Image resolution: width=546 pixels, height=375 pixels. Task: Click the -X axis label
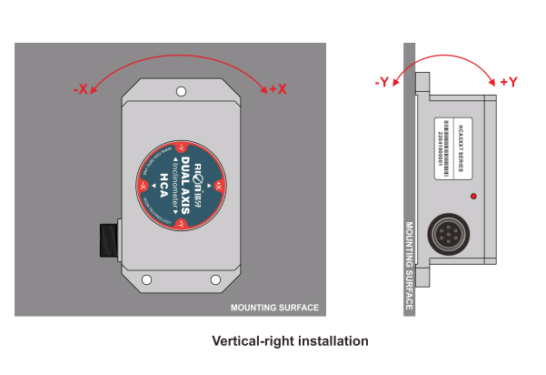point(81,89)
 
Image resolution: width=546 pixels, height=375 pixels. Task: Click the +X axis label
point(278,89)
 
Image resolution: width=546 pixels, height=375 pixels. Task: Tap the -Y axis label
point(382,83)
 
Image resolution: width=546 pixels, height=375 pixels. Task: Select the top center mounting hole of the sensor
point(182,91)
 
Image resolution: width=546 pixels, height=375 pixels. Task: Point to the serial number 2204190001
point(442,147)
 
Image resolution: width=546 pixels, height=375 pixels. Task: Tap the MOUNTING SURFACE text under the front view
point(274,308)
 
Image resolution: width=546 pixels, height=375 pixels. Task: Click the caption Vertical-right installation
point(290,341)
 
